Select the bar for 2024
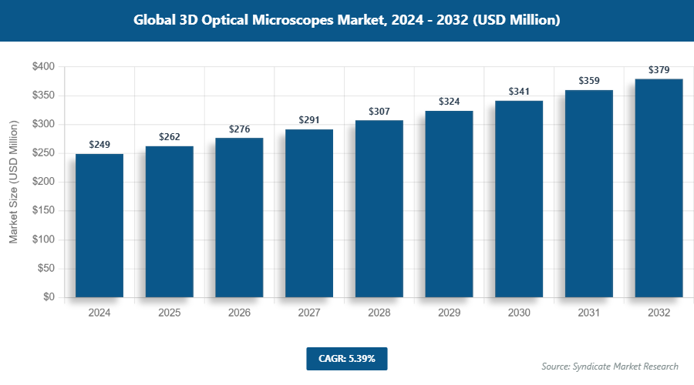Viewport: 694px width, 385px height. pos(99,226)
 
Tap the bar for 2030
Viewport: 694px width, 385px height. pos(519,199)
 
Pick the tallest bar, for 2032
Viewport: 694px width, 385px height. pos(659,188)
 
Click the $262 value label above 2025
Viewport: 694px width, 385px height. pos(170,137)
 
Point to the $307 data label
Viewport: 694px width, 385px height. pos(379,111)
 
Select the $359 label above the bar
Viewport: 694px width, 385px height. pos(588,81)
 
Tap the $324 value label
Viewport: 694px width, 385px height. pos(449,102)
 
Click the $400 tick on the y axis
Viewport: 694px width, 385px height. pos(42,67)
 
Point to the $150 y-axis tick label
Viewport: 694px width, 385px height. pos(42,211)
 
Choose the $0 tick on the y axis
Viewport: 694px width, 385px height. pos(48,297)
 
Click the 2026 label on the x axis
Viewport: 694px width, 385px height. pos(239,313)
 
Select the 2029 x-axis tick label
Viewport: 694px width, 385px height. pos(449,313)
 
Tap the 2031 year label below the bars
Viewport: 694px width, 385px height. pos(588,313)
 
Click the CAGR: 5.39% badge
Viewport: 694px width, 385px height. pos(346,358)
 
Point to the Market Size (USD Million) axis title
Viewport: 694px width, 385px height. pos(13,182)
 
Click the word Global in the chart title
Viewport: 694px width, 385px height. pos(156,21)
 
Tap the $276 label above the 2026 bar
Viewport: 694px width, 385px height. pos(239,129)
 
